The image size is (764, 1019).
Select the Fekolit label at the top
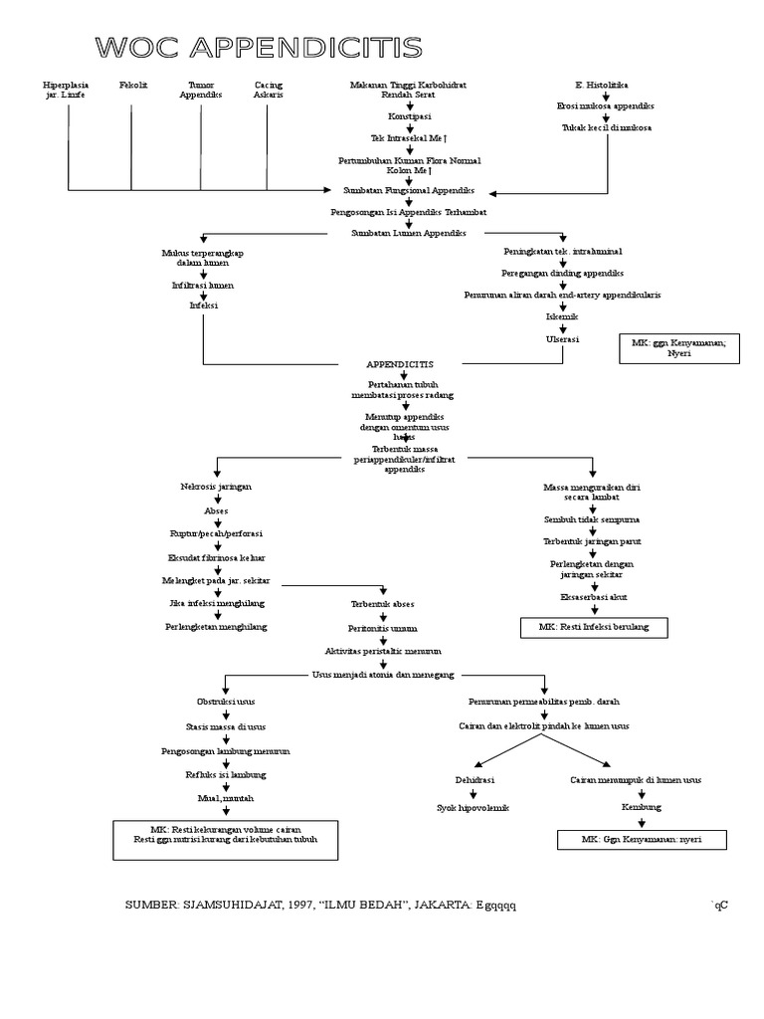(x=133, y=86)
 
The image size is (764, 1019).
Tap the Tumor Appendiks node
(x=201, y=91)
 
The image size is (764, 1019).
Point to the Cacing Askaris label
(x=268, y=91)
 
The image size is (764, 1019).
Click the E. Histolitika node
(x=601, y=86)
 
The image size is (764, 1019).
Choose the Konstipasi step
(x=408, y=116)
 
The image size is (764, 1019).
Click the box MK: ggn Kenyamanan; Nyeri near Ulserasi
(x=679, y=347)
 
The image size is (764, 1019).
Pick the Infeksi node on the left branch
(x=203, y=306)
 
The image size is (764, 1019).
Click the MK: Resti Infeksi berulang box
(x=594, y=627)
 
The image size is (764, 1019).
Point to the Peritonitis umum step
(x=383, y=629)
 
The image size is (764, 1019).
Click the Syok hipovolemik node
(x=474, y=808)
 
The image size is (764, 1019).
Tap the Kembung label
(x=642, y=807)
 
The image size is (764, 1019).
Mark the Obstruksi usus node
(x=225, y=701)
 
